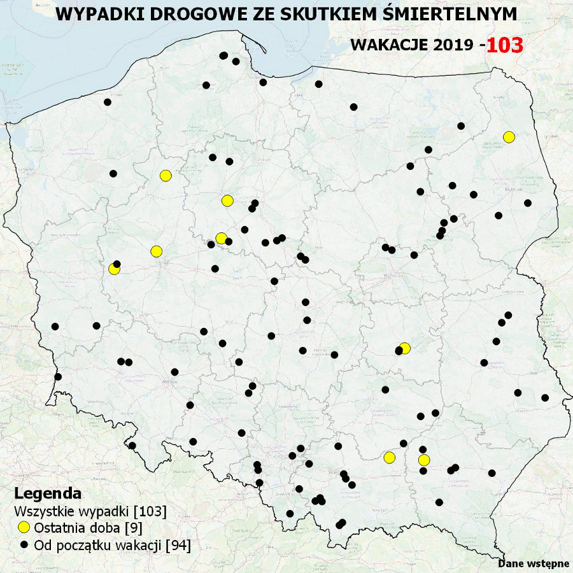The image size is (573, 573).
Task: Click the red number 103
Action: [x=504, y=45]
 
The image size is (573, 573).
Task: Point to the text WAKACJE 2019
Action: [x=411, y=45]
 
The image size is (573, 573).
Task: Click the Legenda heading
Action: [x=48, y=493]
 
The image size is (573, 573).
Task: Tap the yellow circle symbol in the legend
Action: [x=24, y=528]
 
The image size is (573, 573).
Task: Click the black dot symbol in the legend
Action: [x=24, y=545]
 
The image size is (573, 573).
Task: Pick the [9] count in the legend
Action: [x=133, y=528]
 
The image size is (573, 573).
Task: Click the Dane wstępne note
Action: [x=534, y=563]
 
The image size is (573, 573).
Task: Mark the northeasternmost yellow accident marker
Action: [x=508, y=137]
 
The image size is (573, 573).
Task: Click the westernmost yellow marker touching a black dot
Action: [x=114, y=269]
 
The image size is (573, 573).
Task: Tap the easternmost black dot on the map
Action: [x=545, y=398]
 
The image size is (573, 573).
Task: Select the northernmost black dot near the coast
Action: [x=223, y=56]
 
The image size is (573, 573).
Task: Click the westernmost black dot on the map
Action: [x=55, y=327]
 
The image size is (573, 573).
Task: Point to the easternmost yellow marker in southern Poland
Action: [x=424, y=460]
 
